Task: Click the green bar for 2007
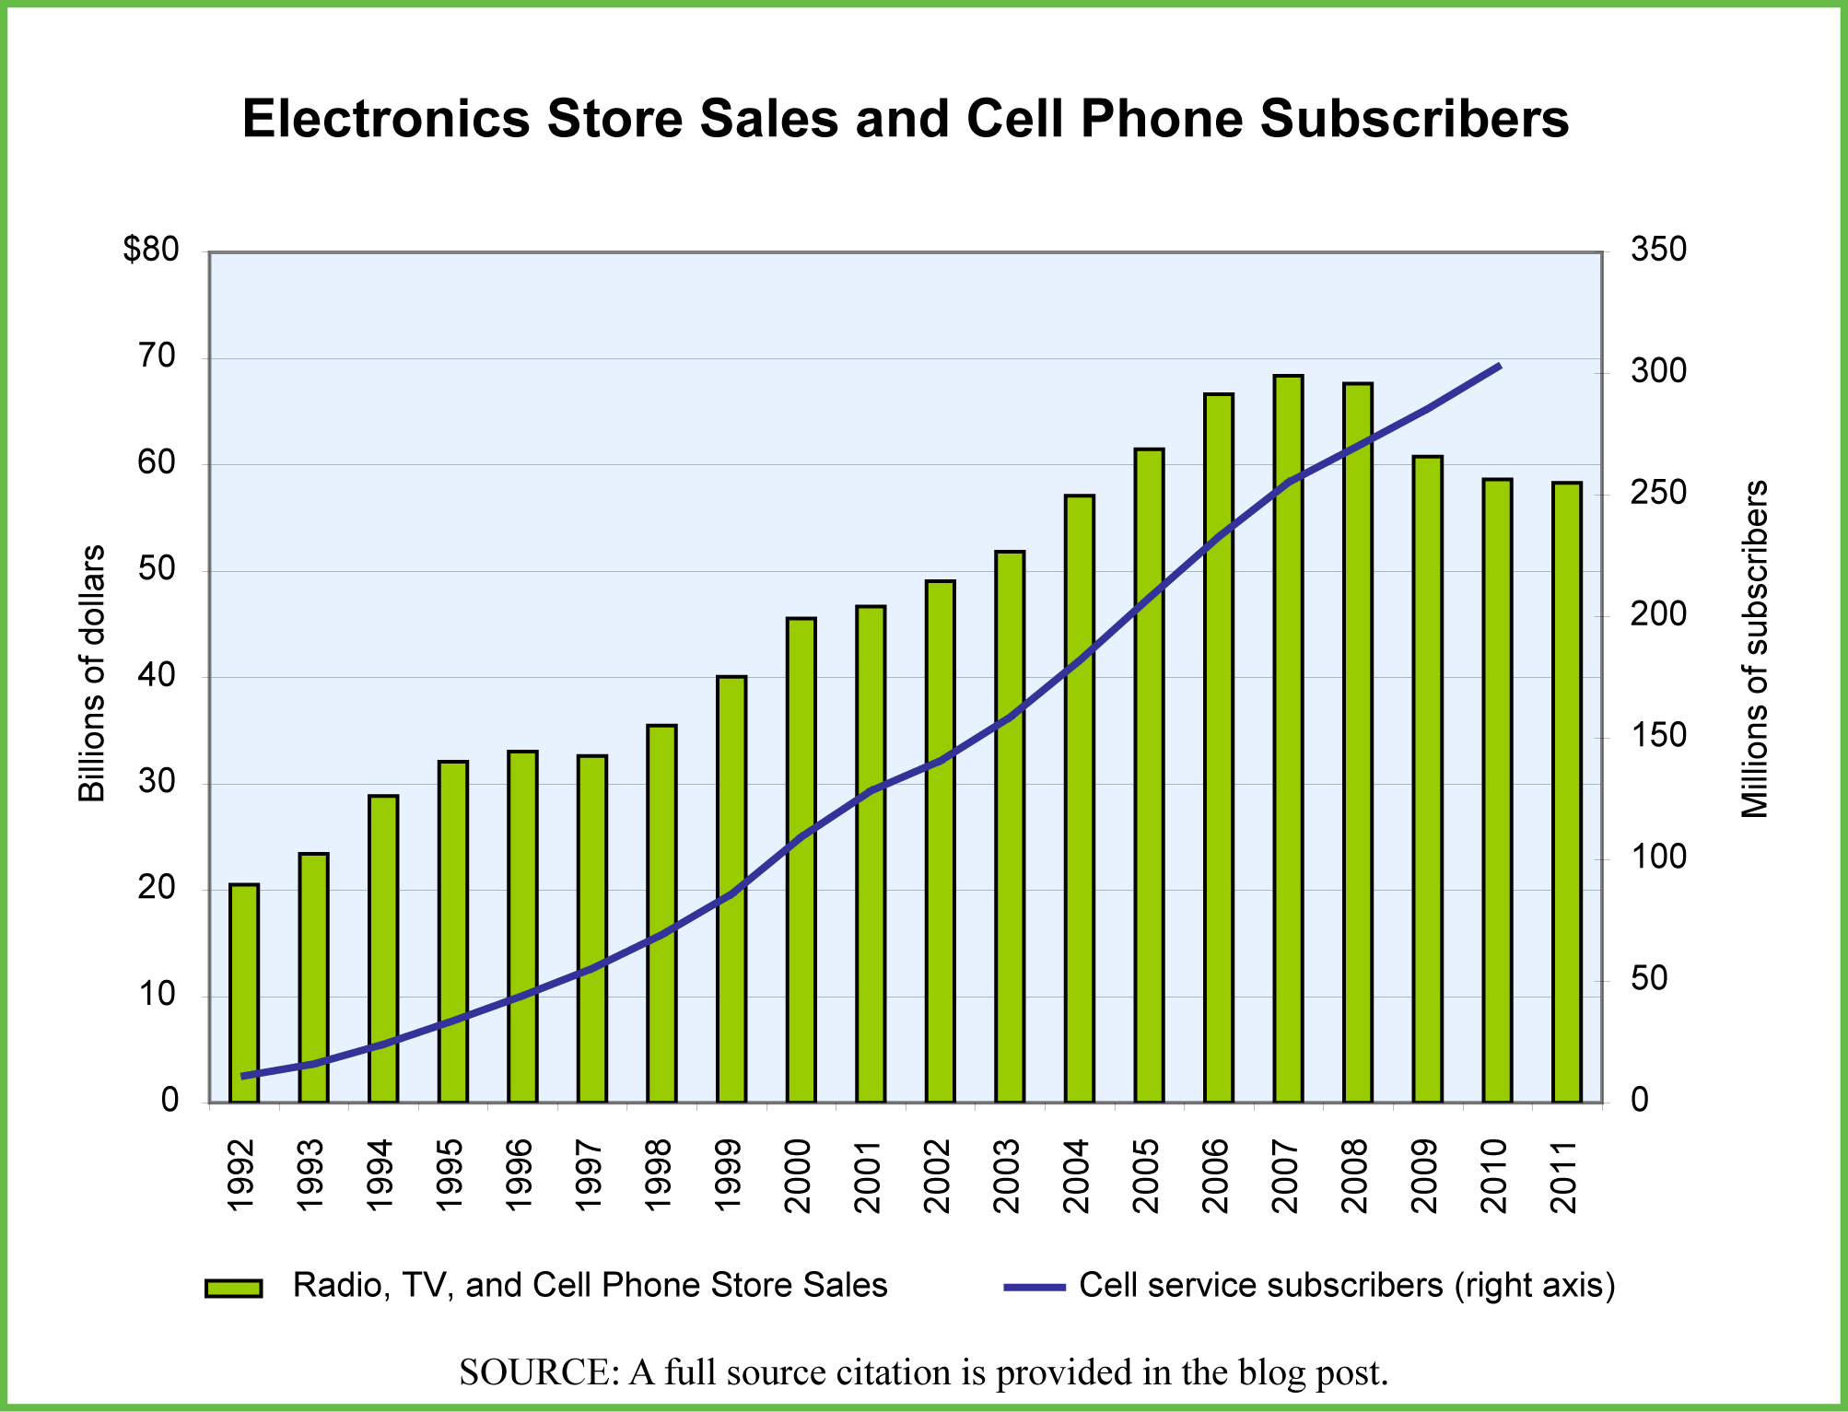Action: [x=1288, y=737]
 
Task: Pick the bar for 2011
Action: [x=1566, y=792]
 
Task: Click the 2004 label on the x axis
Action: [x=1076, y=1176]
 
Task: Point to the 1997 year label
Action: [x=589, y=1176]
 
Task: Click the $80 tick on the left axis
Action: [x=151, y=250]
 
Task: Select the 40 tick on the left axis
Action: [x=157, y=676]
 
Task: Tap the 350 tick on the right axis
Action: [x=1658, y=250]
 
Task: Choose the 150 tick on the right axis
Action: [x=1658, y=736]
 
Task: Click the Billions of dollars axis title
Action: [x=91, y=673]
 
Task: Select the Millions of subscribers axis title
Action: [x=1754, y=649]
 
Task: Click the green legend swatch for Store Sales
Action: [x=233, y=1288]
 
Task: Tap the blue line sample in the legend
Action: [x=1034, y=1287]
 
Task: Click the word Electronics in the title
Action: [x=385, y=119]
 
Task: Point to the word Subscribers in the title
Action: [x=1414, y=119]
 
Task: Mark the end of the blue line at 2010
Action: [x=1500, y=366]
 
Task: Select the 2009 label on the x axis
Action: [x=1424, y=1176]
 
